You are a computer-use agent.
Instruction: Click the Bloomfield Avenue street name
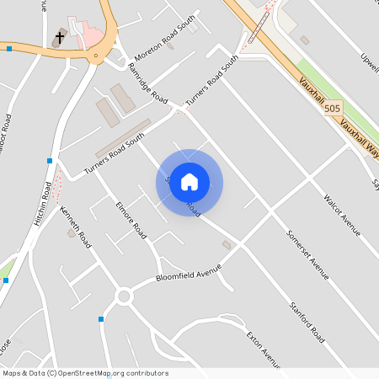[x=188, y=274]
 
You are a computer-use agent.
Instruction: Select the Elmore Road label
[x=133, y=218]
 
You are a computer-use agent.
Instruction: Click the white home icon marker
[x=189, y=182]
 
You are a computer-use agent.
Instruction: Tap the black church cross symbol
[x=60, y=38]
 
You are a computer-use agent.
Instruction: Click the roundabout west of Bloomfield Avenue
[x=125, y=296]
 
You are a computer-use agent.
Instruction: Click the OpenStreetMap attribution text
[x=84, y=373]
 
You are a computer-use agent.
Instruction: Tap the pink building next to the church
[x=89, y=35]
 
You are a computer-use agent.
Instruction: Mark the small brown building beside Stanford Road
[x=226, y=244]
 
